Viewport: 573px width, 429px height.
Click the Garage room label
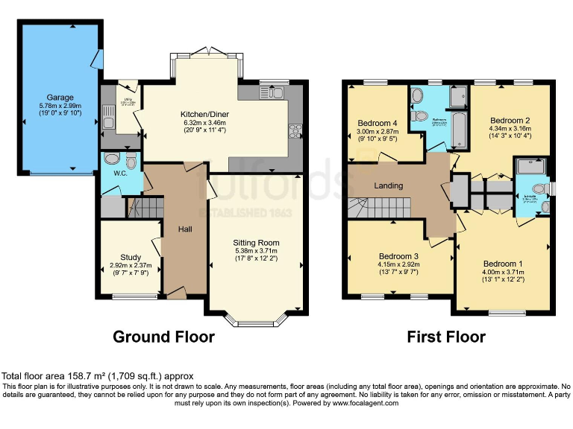tap(60, 97)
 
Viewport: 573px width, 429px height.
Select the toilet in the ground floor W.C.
tap(131, 162)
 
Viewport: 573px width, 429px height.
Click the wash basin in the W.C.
tap(111, 158)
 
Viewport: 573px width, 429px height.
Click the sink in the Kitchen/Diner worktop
tap(269, 92)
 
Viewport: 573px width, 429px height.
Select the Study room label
tap(120, 255)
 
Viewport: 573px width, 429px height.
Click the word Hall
tap(185, 229)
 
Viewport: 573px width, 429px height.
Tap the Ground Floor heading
tap(163, 337)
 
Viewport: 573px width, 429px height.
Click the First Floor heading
tap(446, 337)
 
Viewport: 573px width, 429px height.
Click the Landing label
tap(388, 185)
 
